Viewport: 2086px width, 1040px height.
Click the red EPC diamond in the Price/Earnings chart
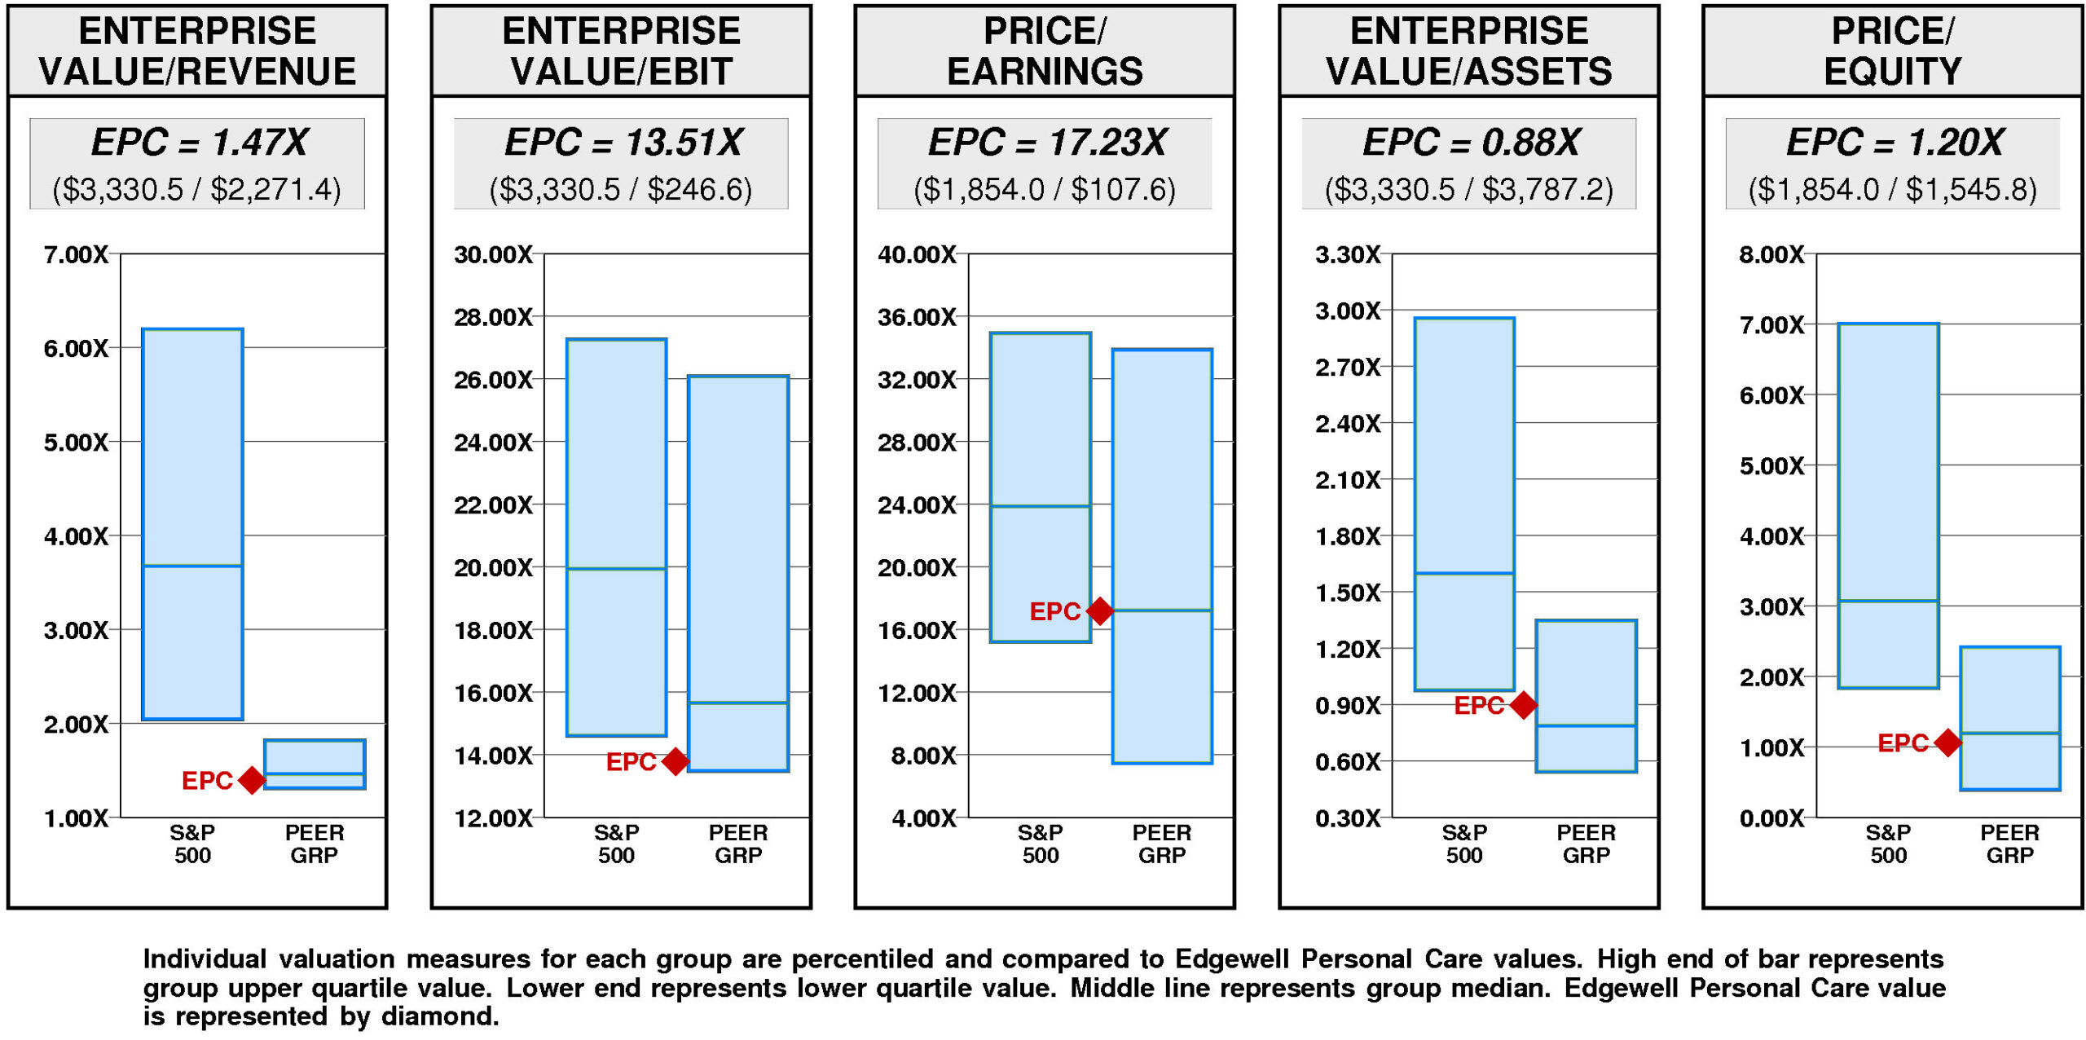coord(1099,610)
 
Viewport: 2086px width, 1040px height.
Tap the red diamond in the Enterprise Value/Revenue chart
coord(252,780)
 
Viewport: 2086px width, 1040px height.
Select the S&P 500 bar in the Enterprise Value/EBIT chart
coord(616,538)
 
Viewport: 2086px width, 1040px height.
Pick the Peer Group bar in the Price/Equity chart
coord(2009,718)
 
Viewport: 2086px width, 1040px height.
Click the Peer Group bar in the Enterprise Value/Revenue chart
coord(315,764)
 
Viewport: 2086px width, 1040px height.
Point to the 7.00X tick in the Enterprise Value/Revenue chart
coord(76,255)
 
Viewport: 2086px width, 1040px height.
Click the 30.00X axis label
coord(493,255)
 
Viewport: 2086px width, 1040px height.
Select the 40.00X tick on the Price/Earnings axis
coord(917,255)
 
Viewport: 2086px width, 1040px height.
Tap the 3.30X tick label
coord(1348,255)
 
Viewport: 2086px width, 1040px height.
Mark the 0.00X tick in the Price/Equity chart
coord(1771,818)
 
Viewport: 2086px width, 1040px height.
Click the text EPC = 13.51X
coord(623,143)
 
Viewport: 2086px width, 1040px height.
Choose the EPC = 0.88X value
coord(1471,143)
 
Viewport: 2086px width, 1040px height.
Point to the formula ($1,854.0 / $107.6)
coord(1045,190)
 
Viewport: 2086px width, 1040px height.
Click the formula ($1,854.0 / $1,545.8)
coord(1892,190)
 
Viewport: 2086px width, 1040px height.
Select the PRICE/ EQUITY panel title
coord(1892,51)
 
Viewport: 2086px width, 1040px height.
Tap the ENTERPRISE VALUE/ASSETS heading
coord(1468,51)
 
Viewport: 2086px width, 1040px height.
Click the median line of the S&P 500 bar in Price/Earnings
coord(1041,506)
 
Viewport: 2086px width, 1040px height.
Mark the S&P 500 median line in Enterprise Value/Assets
coord(1464,573)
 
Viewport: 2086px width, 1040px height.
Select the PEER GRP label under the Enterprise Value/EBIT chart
coord(738,844)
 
